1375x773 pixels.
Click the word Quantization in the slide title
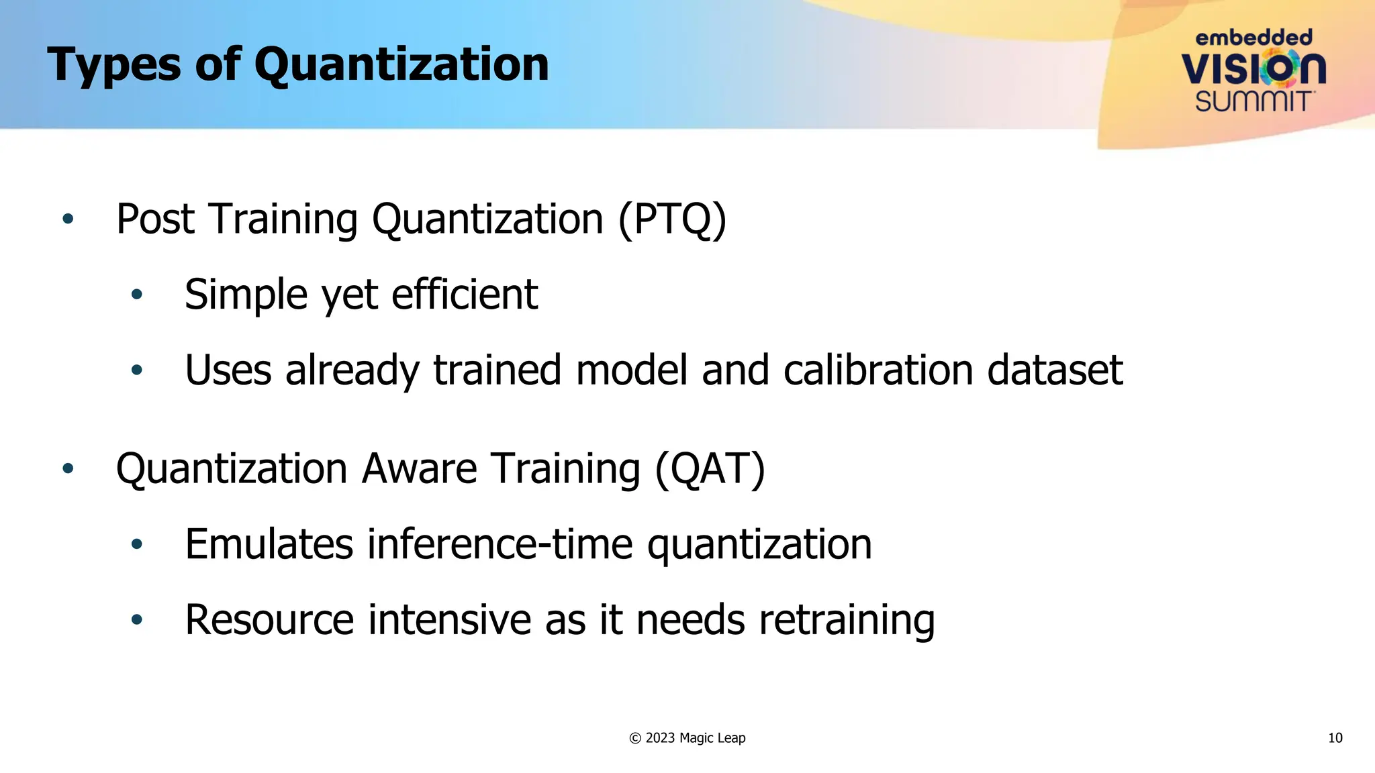(401, 66)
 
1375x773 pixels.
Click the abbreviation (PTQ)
(672, 219)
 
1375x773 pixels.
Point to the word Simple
(246, 295)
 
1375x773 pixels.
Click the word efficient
(465, 295)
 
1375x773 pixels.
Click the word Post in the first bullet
(155, 219)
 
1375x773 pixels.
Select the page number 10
(1335, 738)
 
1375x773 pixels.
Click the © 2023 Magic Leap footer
(687, 738)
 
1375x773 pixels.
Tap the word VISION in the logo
(1253, 68)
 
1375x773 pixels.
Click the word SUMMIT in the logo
(1253, 101)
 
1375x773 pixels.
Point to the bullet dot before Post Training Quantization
(68, 219)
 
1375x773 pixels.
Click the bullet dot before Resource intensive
(137, 619)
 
